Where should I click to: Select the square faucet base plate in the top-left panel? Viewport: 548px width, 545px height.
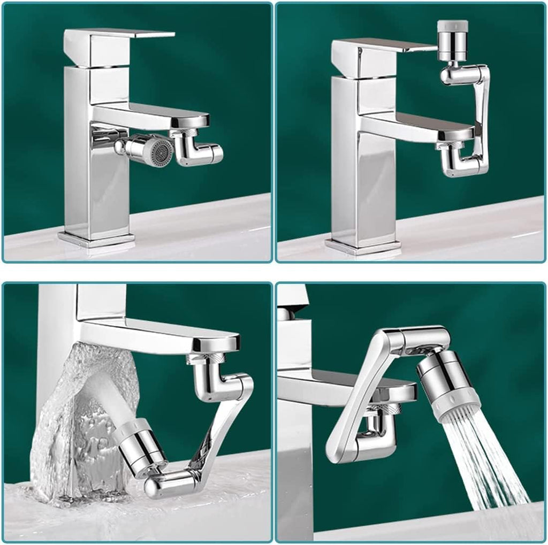click(x=96, y=238)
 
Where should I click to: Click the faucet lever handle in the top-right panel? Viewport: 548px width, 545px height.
click(x=383, y=48)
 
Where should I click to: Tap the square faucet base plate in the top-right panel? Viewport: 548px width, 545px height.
click(x=363, y=245)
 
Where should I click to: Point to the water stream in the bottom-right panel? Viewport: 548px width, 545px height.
click(x=482, y=465)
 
